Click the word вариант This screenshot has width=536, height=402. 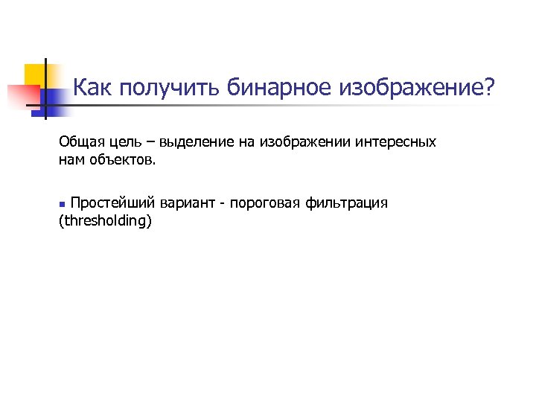[x=190, y=203]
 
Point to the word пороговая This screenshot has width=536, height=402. [x=266, y=203]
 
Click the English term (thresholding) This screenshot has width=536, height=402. [x=104, y=221]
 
